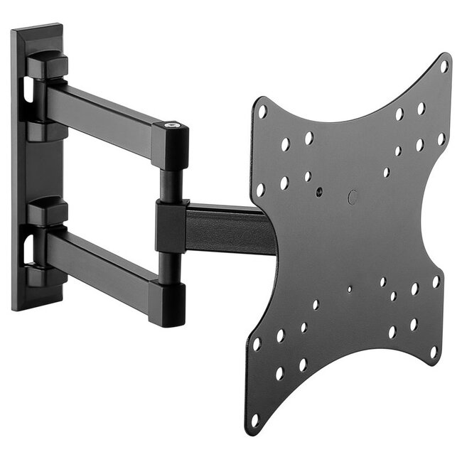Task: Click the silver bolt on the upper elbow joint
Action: tap(172, 127)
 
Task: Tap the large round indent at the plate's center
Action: tap(353, 197)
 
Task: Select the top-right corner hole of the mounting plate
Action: tap(444, 67)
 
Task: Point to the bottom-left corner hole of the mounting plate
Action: tap(256, 419)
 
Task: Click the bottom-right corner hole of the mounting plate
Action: tap(432, 353)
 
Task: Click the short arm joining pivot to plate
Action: tap(227, 227)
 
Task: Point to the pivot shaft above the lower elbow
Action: tap(168, 267)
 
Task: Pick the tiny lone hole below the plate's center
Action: tap(349, 289)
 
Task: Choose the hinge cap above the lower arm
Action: tap(47, 211)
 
